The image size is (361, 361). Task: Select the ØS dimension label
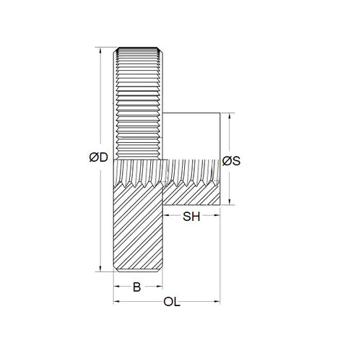click(231, 161)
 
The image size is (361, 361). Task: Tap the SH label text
click(191, 216)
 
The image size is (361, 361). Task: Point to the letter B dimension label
click(137, 287)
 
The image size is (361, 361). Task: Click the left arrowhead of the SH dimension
click(168, 216)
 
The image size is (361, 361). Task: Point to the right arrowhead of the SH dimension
click(217, 216)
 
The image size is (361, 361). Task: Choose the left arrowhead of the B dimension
click(118, 287)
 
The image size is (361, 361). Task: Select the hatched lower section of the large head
click(139, 231)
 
